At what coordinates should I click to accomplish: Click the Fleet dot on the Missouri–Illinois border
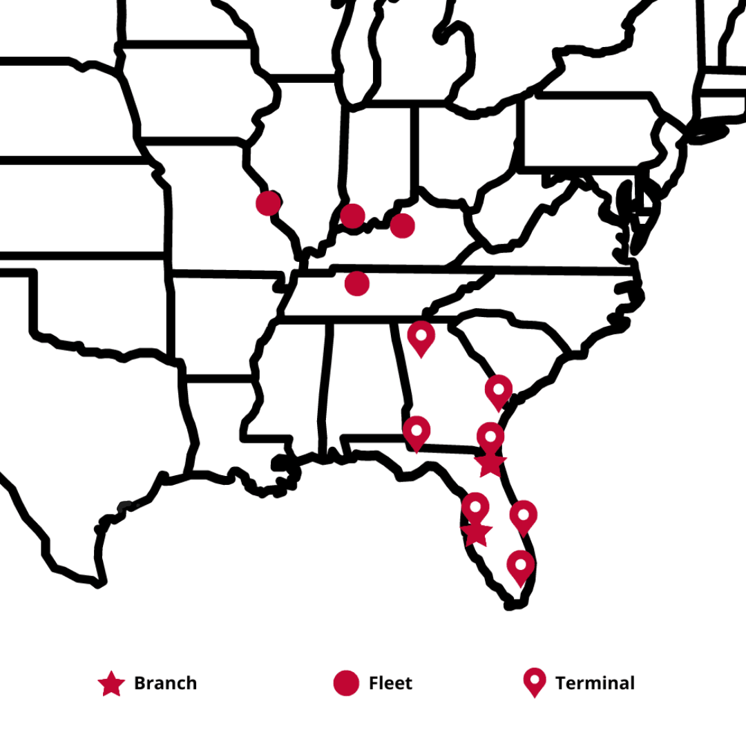268,203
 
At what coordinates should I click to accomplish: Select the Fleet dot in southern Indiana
352,216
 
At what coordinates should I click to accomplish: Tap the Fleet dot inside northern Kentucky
402,225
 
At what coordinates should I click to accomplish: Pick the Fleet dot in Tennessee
356,283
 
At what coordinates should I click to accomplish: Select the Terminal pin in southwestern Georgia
417,432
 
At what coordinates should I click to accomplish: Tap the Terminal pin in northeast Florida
490,437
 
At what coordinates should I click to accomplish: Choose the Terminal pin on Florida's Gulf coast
475,508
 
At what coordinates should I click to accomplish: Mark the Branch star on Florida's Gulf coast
476,533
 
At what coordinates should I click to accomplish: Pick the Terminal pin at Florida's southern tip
520,566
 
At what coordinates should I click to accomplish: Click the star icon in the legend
111,684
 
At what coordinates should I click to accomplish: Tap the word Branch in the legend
165,683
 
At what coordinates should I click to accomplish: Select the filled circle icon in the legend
346,683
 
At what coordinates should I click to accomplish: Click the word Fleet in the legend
390,683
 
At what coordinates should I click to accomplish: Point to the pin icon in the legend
535,682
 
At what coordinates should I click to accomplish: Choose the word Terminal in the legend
595,683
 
